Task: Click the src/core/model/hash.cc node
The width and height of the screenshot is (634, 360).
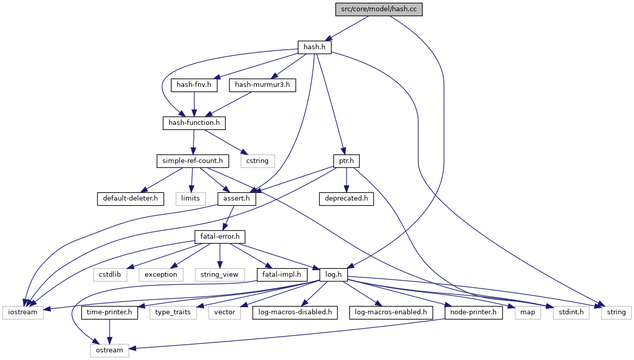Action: pos(379,10)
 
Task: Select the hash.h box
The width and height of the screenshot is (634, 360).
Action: pos(314,47)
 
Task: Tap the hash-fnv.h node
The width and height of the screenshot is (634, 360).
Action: pos(194,85)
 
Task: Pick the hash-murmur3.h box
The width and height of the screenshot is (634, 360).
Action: pos(262,85)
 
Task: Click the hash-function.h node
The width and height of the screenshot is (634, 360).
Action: pos(194,123)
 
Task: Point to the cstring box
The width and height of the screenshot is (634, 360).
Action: pos(257,161)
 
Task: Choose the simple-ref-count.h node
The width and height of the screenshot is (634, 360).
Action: pos(192,161)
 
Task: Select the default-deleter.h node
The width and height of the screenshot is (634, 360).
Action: pos(130,199)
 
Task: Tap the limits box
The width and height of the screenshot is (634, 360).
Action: pos(191,199)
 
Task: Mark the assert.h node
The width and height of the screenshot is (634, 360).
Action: pos(237,199)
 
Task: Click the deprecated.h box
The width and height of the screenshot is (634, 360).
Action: pos(346,199)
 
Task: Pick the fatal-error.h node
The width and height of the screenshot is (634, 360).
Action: pos(220,237)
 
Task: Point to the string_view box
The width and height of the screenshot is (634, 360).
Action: pos(219,275)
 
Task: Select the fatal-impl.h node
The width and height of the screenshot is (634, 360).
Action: pos(282,275)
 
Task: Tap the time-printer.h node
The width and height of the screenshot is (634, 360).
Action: pos(110,312)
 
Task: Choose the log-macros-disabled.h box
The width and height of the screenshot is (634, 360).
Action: pos(294,312)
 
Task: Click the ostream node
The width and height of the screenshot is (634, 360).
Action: pos(110,350)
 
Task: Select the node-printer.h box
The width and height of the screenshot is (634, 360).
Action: pos(473,312)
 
